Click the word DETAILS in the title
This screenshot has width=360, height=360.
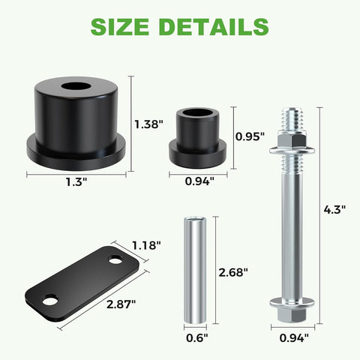click(214, 27)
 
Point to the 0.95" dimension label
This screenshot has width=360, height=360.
click(250, 136)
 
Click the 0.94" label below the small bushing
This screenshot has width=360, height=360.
click(199, 181)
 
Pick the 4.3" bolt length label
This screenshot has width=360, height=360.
click(334, 211)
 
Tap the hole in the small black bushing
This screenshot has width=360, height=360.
click(197, 114)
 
